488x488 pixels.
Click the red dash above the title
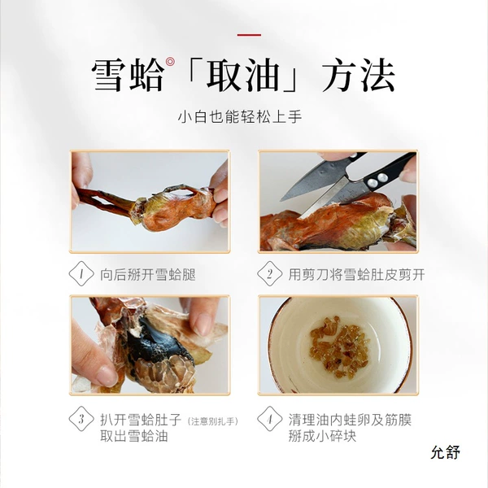[249, 35]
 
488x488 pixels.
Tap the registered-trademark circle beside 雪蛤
[170, 62]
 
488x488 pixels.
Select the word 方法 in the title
[358, 76]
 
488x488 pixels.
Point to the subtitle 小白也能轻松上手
[240, 116]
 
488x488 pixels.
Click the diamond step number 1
[81, 274]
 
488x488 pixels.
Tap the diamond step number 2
[269, 274]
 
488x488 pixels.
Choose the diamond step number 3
[81, 419]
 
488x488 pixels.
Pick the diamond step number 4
[269, 419]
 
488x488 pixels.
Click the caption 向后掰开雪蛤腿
[148, 275]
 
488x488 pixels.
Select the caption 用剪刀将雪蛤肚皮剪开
[356, 275]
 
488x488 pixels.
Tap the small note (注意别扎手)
[213, 421]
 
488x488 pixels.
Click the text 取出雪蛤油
[134, 435]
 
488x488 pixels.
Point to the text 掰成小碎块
[322, 435]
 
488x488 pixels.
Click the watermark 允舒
[446, 452]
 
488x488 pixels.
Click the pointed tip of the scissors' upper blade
[281, 200]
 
